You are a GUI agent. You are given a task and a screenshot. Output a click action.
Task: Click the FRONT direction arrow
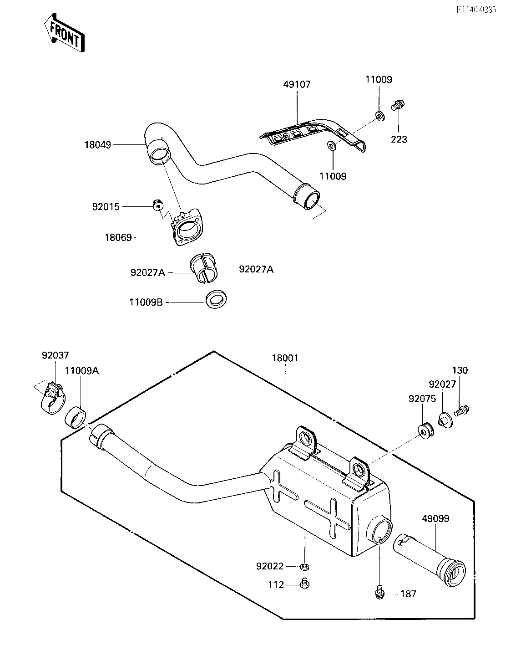pyautogui.click(x=64, y=32)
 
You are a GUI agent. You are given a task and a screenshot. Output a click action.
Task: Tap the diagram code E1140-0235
pyautogui.click(x=476, y=10)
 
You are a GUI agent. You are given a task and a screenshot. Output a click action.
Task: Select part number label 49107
pyautogui.click(x=297, y=84)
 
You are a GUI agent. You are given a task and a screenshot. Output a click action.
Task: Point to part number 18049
pyautogui.click(x=98, y=145)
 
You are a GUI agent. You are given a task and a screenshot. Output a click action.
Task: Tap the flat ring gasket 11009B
pyautogui.click(x=216, y=300)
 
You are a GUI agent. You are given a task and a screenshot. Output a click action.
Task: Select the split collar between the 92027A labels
pyautogui.click(x=204, y=268)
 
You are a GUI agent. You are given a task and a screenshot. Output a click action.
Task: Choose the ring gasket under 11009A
pyautogui.click(x=76, y=418)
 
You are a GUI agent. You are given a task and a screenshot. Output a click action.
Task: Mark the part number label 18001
pyautogui.click(x=285, y=358)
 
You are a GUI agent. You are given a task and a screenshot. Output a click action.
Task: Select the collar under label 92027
pyautogui.click(x=445, y=420)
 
